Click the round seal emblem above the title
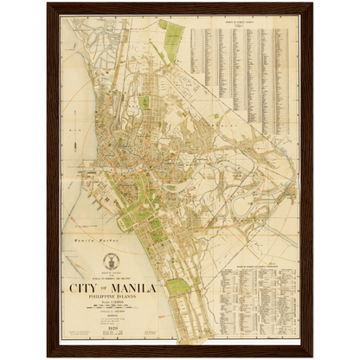click(109, 261)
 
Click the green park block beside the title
click(177, 286)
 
